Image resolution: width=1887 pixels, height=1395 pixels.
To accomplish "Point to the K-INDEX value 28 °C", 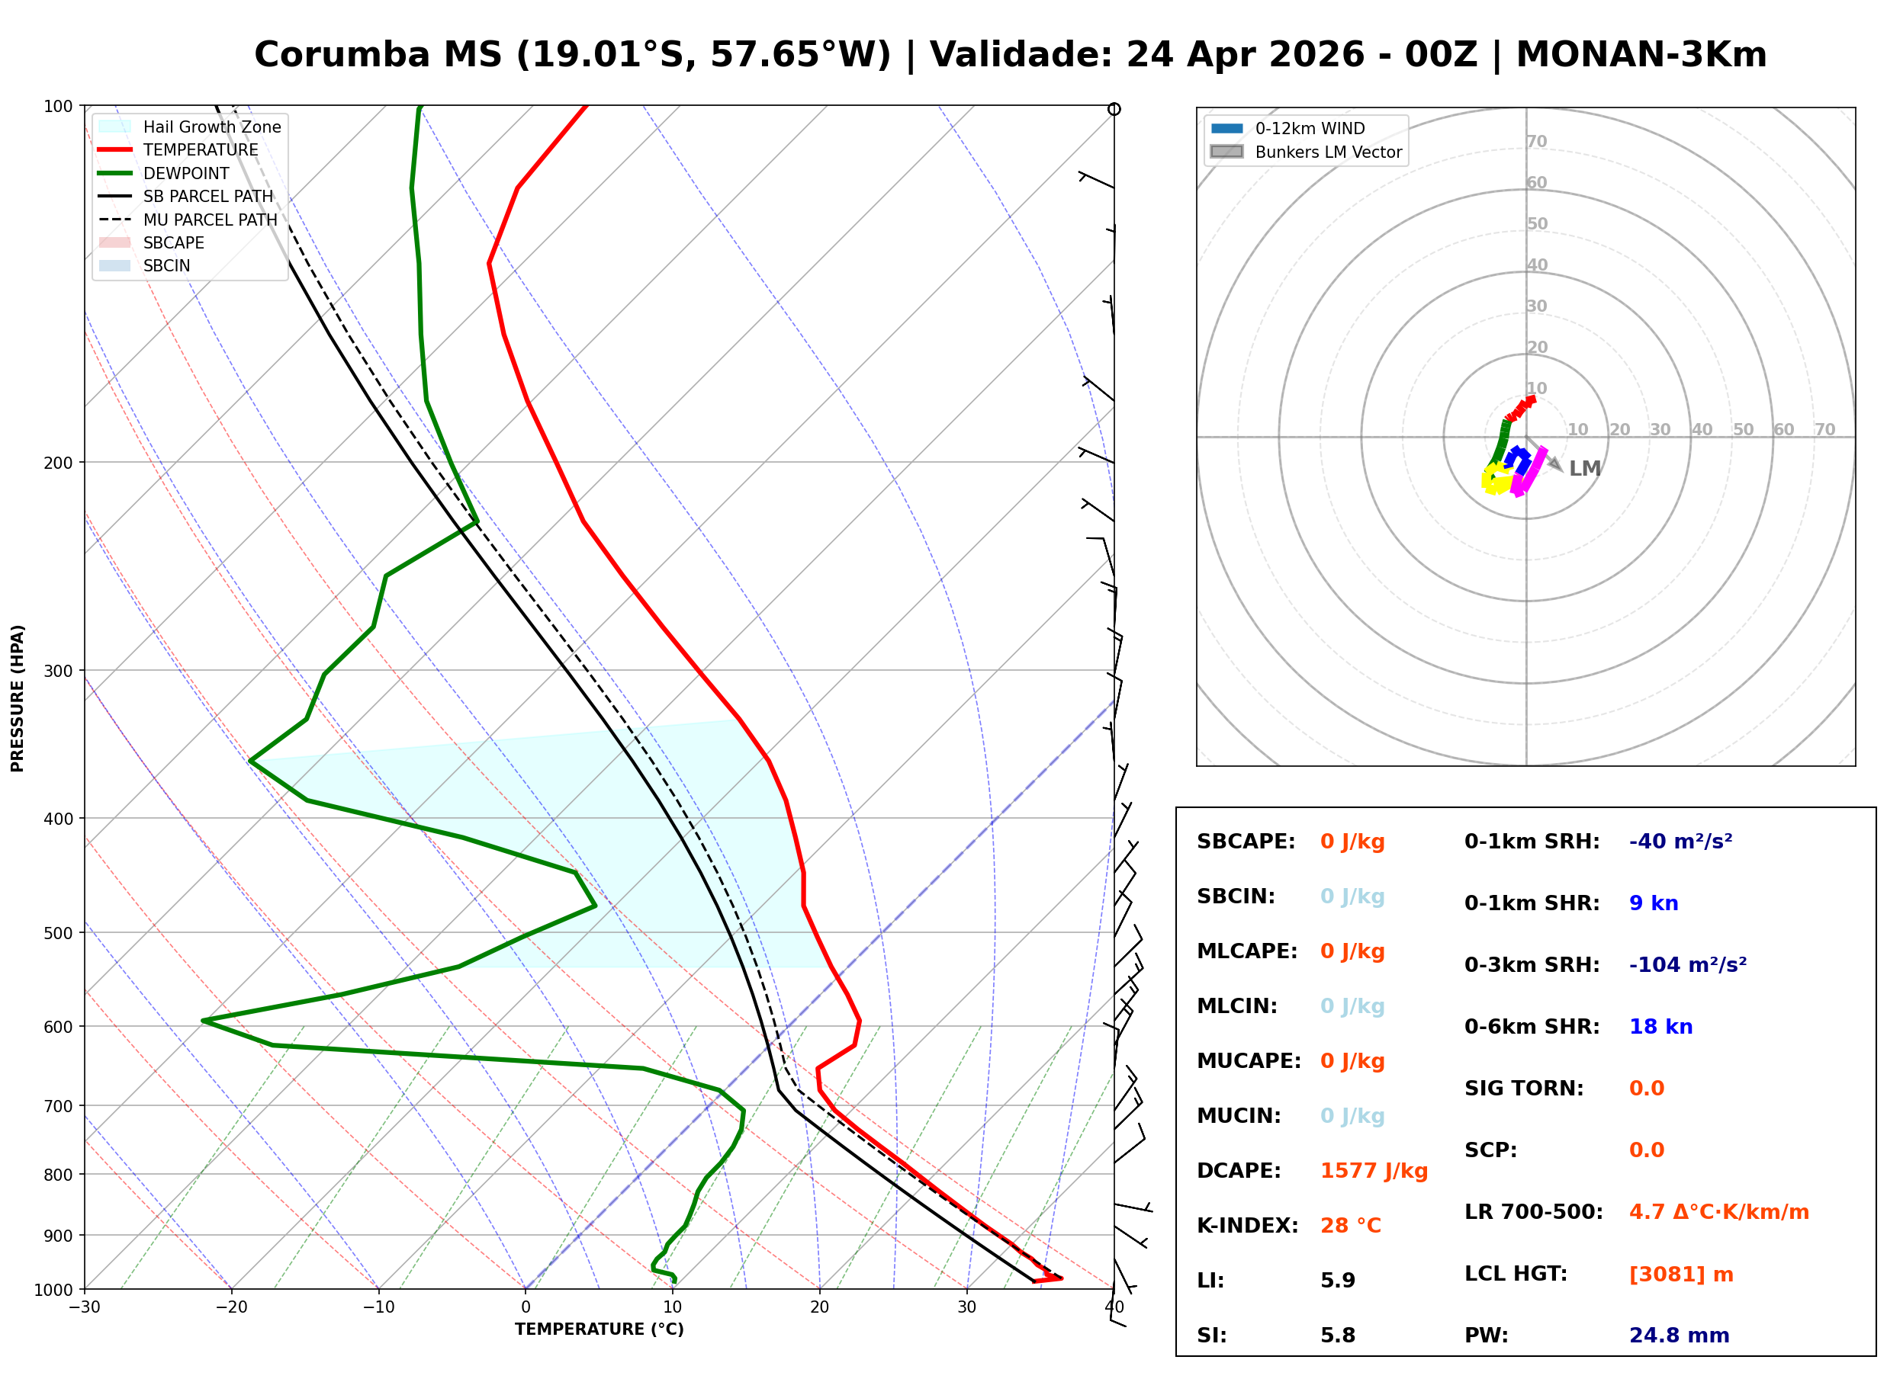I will click(x=1350, y=1225).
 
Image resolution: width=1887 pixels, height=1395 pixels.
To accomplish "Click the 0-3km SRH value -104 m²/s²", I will click(x=1687, y=964).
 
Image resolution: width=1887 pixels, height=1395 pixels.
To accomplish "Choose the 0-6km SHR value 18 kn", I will click(x=1660, y=1026).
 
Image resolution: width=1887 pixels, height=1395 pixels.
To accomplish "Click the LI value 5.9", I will click(x=1337, y=1280).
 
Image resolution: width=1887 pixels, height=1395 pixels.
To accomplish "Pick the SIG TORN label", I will click(x=1523, y=1088).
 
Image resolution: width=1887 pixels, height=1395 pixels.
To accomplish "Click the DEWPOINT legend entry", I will click(x=186, y=173).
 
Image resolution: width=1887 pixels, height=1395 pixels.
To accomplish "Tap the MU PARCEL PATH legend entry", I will click(x=210, y=220).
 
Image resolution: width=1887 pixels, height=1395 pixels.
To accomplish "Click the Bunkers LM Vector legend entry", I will click(x=1327, y=152).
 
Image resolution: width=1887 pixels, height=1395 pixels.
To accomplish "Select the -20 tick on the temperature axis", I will click(x=230, y=1307).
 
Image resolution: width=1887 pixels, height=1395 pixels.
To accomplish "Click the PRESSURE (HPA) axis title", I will click(x=18, y=697).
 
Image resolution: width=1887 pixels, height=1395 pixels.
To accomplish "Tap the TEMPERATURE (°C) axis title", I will click(x=599, y=1329).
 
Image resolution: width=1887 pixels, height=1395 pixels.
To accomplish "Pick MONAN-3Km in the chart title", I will click(x=1641, y=55).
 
